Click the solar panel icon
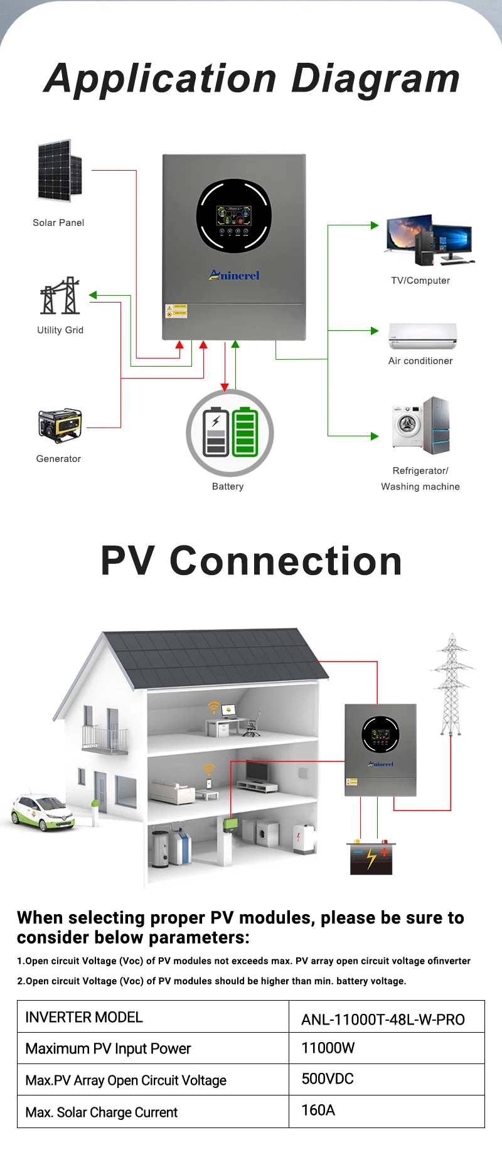click(x=60, y=171)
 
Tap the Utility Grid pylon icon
click(x=60, y=296)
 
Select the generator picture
click(x=60, y=426)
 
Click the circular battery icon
click(x=230, y=433)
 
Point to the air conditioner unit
click(x=422, y=335)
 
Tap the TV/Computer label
click(x=420, y=281)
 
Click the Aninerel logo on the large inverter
click(x=234, y=275)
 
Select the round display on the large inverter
click(x=234, y=216)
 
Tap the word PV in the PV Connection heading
click(x=127, y=561)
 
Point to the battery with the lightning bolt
click(x=370, y=858)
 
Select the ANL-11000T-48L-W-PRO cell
click(x=383, y=1020)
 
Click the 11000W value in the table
click(x=328, y=1048)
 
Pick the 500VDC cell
click(x=328, y=1079)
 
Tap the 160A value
click(x=318, y=1110)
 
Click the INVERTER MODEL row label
click(x=84, y=1017)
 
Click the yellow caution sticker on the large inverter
click(x=176, y=311)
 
